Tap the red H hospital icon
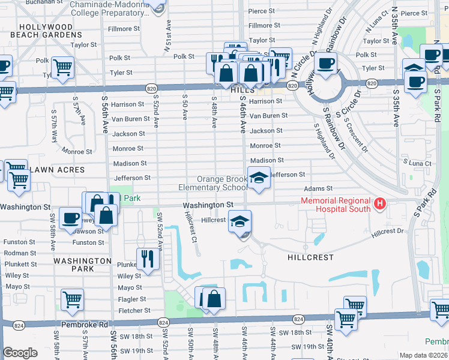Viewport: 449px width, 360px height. pyautogui.click(x=379, y=205)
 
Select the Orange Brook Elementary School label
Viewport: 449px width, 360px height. pyautogui.click(x=213, y=183)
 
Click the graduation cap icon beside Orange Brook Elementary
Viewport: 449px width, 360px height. pyautogui.click(x=259, y=178)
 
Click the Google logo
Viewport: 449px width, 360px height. pyautogui.click(x=20, y=353)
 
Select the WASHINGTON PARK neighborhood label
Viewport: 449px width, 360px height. pyautogui.click(x=82, y=261)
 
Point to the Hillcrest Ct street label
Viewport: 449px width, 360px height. pyautogui.click(x=191, y=226)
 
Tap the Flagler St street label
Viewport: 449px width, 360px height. pyautogui.click(x=130, y=299)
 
